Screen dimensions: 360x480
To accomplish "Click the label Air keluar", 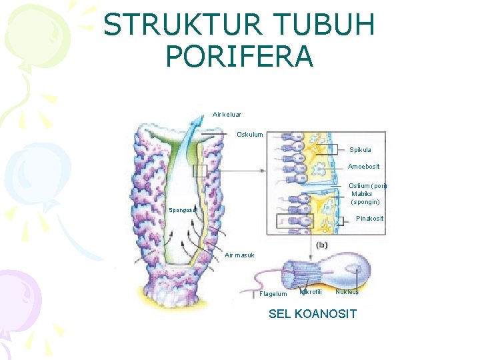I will pyautogui.click(x=227, y=115).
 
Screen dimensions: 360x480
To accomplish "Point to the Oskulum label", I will pyautogui.click(x=250, y=135).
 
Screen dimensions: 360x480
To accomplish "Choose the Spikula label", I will pyautogui.click(x=360, y=150).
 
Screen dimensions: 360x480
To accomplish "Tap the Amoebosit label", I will pyautogui.click(x=364, y=167).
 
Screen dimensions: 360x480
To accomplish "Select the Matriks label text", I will pyautogui.click(x=363, y=194).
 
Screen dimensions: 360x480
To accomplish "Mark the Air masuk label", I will pyautogui.click(x=239, y=255).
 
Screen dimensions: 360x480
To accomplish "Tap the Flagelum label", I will pyautogui.click(x=273, y=294).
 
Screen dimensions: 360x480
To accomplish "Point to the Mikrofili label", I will pyautogui.click(x=311, y=291).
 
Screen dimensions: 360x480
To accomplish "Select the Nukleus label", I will pyautogui.click(x=347, y=291).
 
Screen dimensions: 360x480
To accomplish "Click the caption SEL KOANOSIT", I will pyautogui.click(x=312, y=314).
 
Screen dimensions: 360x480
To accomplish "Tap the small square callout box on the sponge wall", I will pyautogui.click(x=199, y=171).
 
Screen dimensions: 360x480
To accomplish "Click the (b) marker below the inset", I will pyautogui.click(x=322, y=245).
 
